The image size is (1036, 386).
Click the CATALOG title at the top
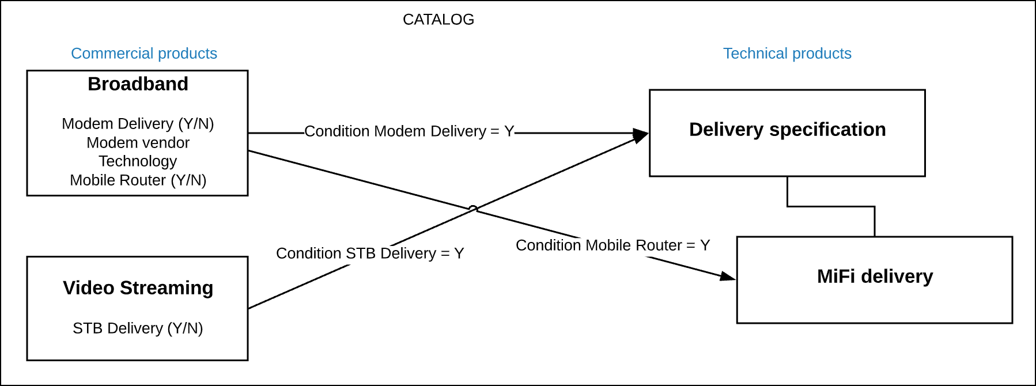coord(438,20)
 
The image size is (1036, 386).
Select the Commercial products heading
coord(144,54)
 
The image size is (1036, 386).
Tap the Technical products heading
coord(787,54)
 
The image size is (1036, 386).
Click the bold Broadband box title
coord(138,84)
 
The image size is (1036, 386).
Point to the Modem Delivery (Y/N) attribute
coord(138,124)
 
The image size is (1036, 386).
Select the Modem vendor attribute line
coord(138,143)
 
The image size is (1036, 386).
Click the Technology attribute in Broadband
coord(138,161)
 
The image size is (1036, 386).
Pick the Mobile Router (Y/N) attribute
coord(138,180)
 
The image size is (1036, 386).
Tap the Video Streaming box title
coord(138,288)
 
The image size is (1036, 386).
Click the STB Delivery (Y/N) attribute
coord(138,328)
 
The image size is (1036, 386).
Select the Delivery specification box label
coord(787,130)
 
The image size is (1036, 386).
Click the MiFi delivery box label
coord(875,277)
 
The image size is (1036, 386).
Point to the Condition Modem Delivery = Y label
coord(409,131)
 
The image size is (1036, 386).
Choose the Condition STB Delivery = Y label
coord(370,253)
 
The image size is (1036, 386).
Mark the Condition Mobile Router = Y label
coord(612,245)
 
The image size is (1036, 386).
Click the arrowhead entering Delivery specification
coord(641,135)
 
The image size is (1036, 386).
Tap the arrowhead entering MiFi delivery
coord(728,277)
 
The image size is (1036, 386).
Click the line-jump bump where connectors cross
coord(473,209)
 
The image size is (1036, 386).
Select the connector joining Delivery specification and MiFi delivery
coord(831,206)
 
